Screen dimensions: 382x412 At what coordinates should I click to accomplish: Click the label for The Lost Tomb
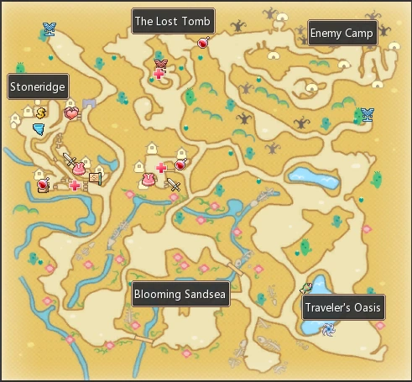pyautogui.click(x=174, y=21)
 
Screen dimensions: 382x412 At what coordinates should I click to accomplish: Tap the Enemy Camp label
pyautogui.click(x=342, y=33)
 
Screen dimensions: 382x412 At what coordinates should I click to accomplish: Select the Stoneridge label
pyautogui.click(x=38, y=86)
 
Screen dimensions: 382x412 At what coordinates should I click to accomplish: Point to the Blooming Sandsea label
pyautogui.click(x=180, y=294)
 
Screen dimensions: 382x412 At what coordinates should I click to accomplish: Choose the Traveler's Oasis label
pyautogui.click(x=343, y=307)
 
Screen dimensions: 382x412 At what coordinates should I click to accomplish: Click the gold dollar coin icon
pyautogui.click(x=40, y=112)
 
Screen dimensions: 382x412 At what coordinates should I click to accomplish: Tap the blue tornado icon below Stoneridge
pyautogui.click(x=39, y=128)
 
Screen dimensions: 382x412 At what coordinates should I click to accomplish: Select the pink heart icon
pyautogui.click(x=71, y=113)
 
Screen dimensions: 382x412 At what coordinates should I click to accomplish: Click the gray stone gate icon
pyautogui.click(x=89, y=103)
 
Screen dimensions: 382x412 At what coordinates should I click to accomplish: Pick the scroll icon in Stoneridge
pyautogui.click(x=94, y=178)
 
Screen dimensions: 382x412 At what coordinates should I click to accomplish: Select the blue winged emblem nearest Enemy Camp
pyautogui.click(x=366, y=115)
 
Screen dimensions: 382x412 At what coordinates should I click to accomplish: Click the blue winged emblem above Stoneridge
pyautogui.click(x=49, y=31)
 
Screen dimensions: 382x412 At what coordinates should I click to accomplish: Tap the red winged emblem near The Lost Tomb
pyautogui.click(x=161, y=63)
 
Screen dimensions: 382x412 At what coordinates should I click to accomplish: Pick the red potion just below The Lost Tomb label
pyautogui.click(x=202, y=42)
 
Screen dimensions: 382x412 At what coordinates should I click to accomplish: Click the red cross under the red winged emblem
pyautogui.click(x=159, y=75)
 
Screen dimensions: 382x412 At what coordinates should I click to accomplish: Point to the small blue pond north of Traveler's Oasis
pyautogui.click(x=305, y=175)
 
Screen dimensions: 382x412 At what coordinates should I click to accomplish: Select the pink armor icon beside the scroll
pyautogui.click(x=79, y=170)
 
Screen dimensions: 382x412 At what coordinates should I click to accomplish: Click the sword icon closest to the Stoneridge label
pyautogui.click(x=69, y=159)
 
